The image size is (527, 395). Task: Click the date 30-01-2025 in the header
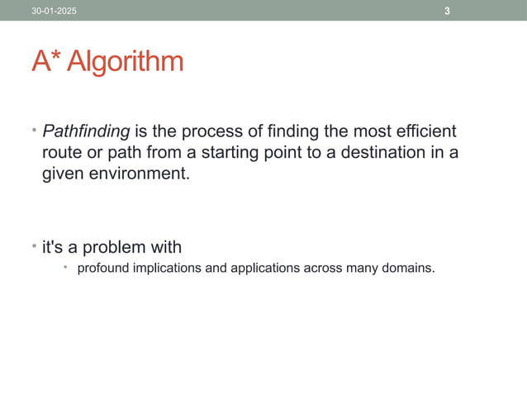tap(50, 11)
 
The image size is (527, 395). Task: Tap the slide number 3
tap(447, 11)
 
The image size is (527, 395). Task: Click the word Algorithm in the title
tap(125, 62)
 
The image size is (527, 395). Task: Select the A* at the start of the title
tap(45, 62)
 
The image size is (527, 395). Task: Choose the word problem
tap(111, 247)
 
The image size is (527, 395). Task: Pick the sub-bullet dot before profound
tap(66, 268)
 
